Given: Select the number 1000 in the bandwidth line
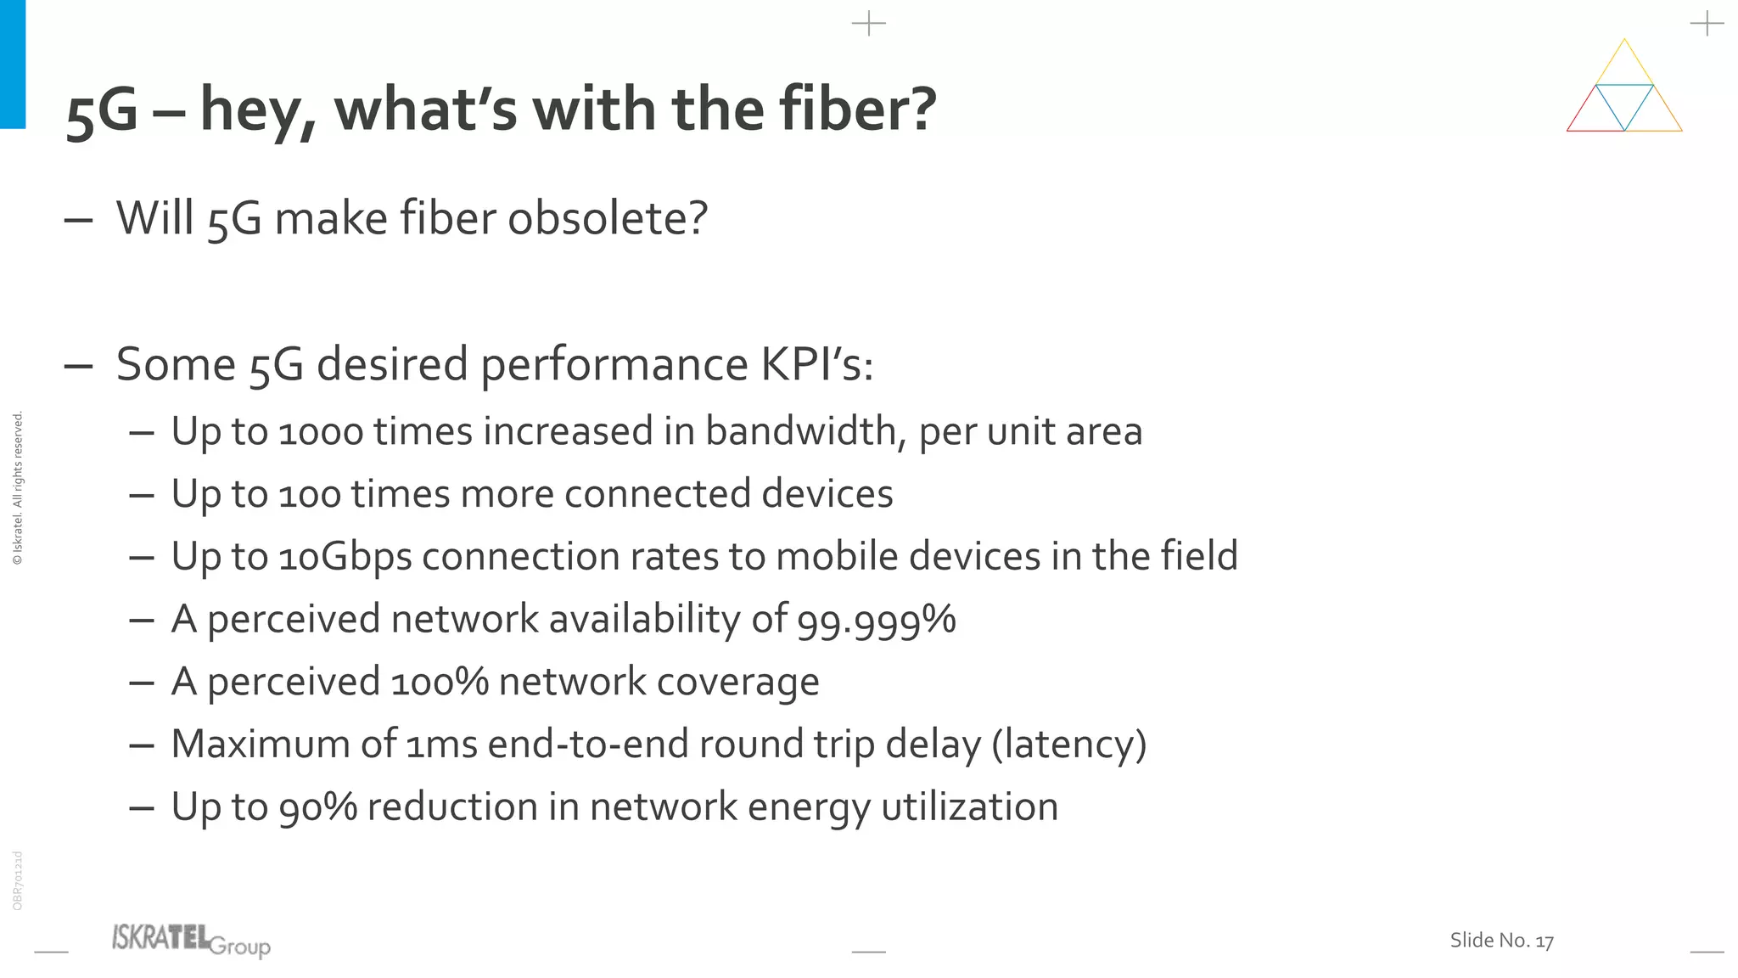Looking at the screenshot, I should click(x=321, y=432).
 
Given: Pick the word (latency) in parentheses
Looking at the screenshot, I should click(x=1069, y=745).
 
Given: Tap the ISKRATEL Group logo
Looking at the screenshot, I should click(x=191, y=940).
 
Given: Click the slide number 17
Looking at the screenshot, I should click(x=1545, y=941).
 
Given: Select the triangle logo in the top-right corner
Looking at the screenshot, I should click(x=1624, y=87).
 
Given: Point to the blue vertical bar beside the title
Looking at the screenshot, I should click(x=13, y=64).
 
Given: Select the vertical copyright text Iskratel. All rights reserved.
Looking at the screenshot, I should click(x=18, y=488).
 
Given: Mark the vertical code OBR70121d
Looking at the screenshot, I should click(x=18, y=880).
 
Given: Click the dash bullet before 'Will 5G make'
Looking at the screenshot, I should click(x=78, y=220).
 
